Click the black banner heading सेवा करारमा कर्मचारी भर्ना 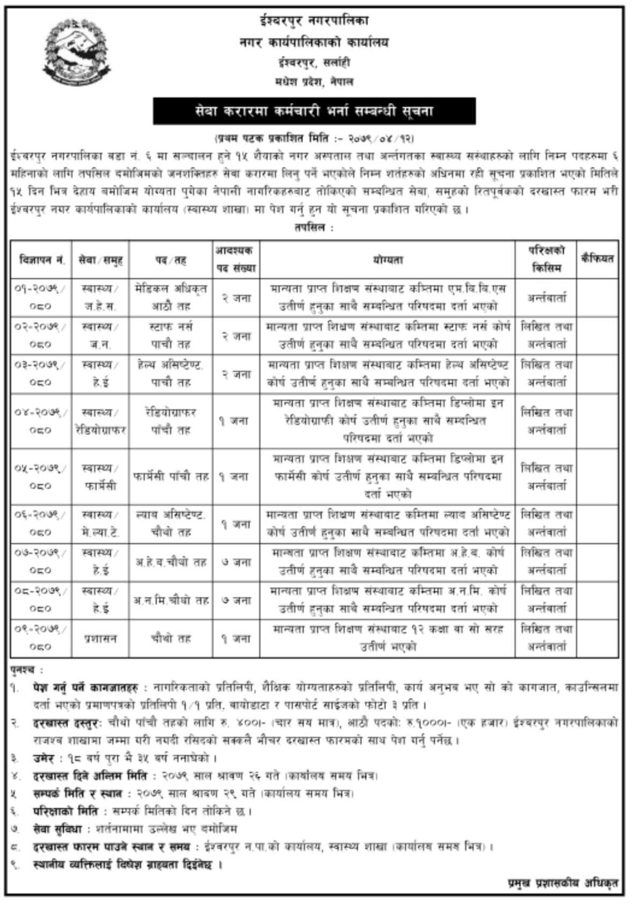point(314,112)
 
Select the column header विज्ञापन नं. point(41,260)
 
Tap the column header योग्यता point(387,260)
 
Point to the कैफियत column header point(597,258)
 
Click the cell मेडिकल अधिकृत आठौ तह point(171,297)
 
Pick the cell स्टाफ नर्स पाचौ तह point(171,335)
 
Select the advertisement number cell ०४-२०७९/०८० point(41,421)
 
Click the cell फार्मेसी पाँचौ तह point(171,476)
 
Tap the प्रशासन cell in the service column point(100,638)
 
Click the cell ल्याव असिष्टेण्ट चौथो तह point(171,523)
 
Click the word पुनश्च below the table point(26,670)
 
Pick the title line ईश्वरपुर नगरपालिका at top point(313,22)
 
